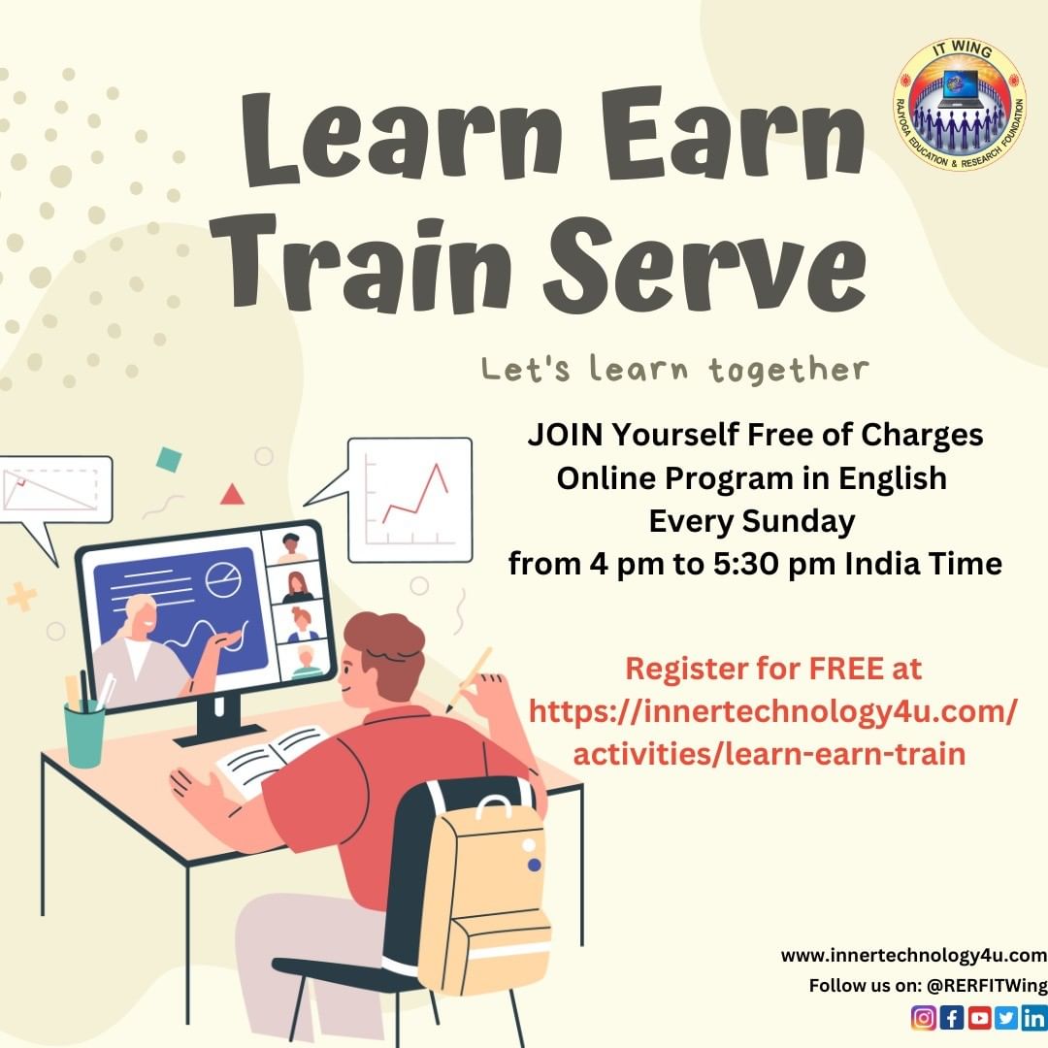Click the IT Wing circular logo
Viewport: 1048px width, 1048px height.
(960, 104)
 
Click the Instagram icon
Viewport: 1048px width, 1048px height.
(924, 1017)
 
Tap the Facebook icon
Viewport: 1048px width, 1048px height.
(952, 1017)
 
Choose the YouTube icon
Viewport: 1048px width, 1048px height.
(979, 1017)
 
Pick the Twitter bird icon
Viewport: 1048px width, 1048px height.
(1006, 1017)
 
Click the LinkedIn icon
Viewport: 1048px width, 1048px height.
(1034, 1017)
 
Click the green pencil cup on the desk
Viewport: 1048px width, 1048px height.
(84, 735)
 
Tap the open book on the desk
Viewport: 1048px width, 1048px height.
(271, 760)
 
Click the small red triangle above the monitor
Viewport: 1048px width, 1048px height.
(232, 495)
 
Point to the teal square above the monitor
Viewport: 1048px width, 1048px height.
(169, 460)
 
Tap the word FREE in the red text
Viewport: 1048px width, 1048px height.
(846, 669)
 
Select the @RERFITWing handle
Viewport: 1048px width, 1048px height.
(987, 985)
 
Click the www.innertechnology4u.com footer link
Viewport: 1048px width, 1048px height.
(914, 956)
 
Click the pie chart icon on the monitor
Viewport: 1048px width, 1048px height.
(223, 579)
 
